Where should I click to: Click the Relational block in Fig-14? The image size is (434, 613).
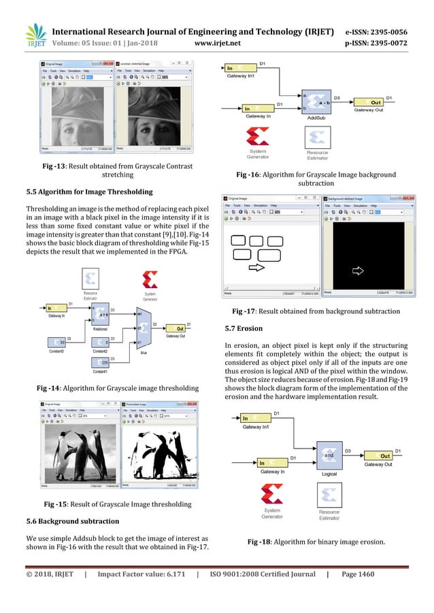click(x=99, y=315)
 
